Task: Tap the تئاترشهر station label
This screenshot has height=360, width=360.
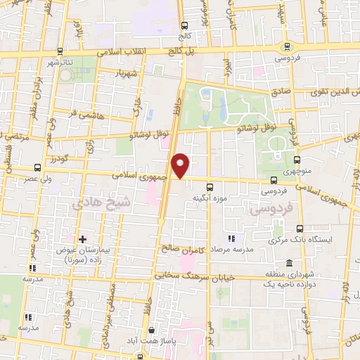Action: click(x=59, y=62)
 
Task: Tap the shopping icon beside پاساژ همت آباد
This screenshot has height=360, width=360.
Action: click(x=151, y=330)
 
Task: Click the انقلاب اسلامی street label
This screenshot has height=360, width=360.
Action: click(x=117, y=53)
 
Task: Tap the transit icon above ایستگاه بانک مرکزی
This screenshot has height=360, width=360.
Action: click(x=300, y=229)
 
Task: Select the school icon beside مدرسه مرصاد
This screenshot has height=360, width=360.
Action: click(x=231, y=238)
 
